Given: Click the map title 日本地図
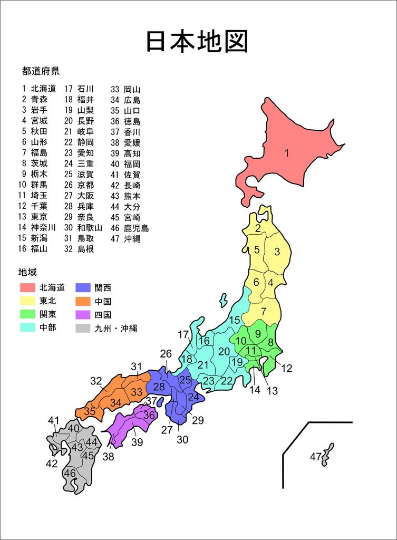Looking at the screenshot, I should coord(197,42).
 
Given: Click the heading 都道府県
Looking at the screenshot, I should coord(41,70).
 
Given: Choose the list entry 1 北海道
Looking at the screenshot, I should coord(38,89).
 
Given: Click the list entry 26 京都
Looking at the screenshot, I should coord(79,185).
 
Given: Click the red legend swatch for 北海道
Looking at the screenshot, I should coord(27,288).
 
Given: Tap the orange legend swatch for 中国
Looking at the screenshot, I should coord(83,302).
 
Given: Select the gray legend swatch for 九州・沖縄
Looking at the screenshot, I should coord(83,328).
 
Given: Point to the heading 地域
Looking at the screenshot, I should coord(27,272).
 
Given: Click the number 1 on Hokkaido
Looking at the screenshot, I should coord(287,153).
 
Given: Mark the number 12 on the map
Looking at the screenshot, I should coord(286,369).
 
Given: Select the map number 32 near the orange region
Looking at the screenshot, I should coord(96,381).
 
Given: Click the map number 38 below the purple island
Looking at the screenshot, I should coord(108,457).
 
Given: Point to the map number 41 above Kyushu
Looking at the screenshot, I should coord(53,420).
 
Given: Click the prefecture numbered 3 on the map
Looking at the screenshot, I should coord(277,252).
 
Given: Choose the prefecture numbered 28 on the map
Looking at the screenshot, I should coord(159,387).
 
